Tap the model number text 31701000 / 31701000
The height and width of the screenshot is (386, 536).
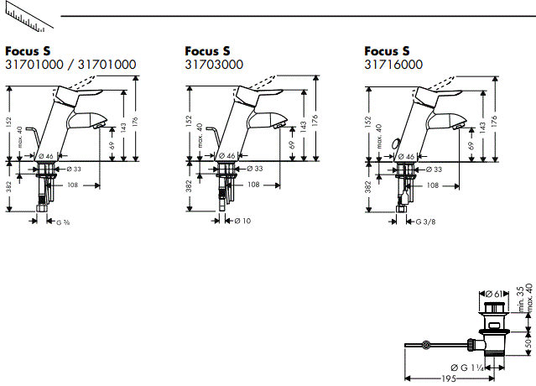70,64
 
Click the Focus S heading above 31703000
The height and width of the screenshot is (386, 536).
207,50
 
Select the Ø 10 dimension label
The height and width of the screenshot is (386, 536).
242,221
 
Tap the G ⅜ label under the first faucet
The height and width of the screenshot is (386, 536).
63,221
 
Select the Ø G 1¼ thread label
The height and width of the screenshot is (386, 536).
466,368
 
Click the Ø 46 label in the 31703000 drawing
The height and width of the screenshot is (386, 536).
226,156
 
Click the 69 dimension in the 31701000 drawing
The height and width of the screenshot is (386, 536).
112,144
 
